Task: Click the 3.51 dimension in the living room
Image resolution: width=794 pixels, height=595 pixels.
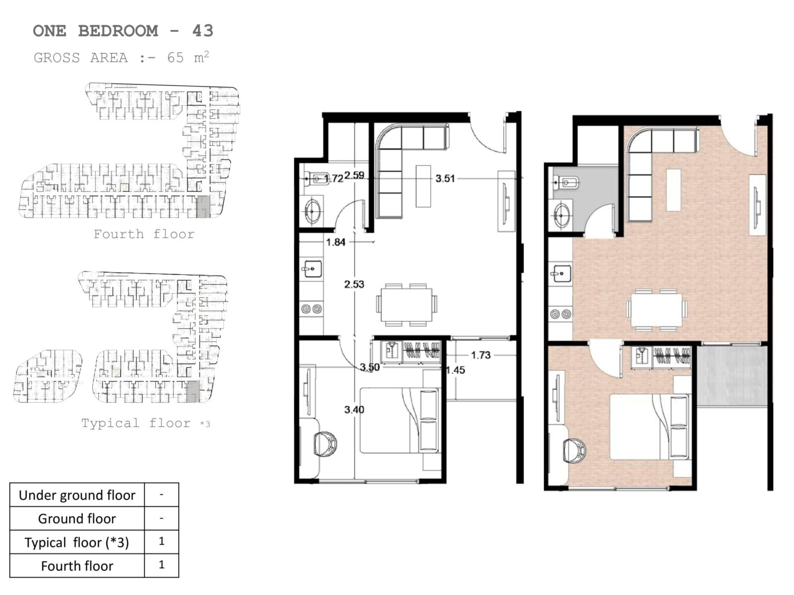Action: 445,178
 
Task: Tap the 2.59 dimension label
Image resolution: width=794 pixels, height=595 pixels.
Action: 354,175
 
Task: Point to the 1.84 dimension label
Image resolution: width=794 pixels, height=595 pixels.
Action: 335,242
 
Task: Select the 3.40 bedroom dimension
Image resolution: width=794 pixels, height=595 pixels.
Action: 354,410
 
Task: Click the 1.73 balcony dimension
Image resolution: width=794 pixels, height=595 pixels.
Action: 481,355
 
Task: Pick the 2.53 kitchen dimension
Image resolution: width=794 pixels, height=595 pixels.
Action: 354,284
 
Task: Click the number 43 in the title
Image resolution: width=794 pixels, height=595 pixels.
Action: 202,31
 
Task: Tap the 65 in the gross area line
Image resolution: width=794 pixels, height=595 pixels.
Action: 176,58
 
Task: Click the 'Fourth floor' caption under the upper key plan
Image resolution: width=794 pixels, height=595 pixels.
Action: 144,234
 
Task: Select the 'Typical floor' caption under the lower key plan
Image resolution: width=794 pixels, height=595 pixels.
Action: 135,423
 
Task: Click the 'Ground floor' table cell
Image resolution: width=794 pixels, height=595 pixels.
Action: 77,519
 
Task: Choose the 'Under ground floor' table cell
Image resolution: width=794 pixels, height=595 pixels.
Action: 77,495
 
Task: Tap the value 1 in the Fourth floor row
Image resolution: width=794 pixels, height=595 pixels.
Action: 162,565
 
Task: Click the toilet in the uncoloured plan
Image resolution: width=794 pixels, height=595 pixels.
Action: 316,178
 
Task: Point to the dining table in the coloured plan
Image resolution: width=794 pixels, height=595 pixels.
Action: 657,310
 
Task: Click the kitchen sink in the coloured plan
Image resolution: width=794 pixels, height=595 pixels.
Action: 561,274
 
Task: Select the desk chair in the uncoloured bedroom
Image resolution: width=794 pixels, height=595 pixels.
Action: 325,443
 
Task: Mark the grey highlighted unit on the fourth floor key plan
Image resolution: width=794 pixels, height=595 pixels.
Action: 203,207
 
